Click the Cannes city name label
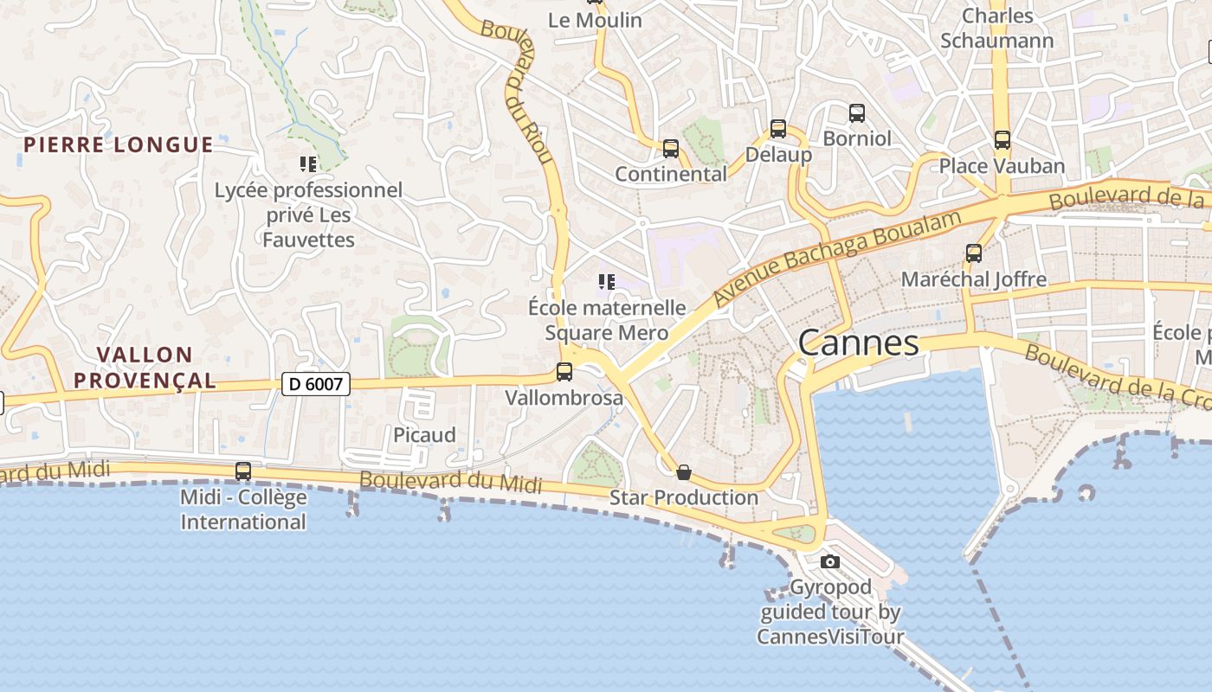coord(858,343)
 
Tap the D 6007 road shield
coord(316,384)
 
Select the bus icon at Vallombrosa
coord(564,372)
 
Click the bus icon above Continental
coord(671,149)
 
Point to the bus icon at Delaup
coord(778,129)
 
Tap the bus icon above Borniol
coord(857,112)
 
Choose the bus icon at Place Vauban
coord(1002,139)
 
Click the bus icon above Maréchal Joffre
coord(974,253)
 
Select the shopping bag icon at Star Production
coord(684,472)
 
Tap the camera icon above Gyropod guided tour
coord(830,562)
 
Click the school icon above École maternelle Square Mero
coord(607,281)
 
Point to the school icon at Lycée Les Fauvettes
coord(308,163)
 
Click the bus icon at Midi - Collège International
coord(243,471)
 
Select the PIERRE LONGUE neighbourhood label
coord(119,144)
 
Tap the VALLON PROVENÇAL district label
coord(145,368)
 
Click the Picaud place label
coord(424,435)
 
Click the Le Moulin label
coord(595,20)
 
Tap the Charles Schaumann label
coord(997,28)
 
